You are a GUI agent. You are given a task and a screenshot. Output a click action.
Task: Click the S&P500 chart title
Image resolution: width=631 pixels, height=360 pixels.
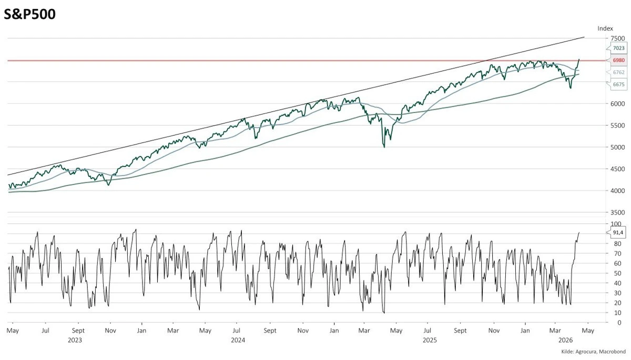[x=29, y=14]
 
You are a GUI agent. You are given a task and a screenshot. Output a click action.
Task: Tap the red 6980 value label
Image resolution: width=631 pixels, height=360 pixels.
[x=618, y=60]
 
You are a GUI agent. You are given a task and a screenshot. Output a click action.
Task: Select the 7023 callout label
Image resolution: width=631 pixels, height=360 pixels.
[x=618, y=48]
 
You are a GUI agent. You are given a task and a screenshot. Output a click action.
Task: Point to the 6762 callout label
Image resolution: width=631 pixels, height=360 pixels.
[x=618, y=72]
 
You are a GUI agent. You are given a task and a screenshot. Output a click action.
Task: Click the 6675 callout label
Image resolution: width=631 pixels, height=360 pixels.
[x=618, y=84]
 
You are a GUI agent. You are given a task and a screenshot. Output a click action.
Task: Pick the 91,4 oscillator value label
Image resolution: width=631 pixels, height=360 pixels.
[x=618, y=232]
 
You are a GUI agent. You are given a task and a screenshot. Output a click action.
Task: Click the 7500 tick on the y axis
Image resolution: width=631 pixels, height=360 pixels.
[x=618, y=38]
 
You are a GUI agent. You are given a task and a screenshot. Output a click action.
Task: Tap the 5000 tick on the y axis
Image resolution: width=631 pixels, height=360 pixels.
[x=618, y=147]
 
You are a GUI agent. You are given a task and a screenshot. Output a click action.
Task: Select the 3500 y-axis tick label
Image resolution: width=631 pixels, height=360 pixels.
[x=618, y=212]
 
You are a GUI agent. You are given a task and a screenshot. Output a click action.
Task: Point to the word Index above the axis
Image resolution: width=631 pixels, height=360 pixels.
[x=606, y=28]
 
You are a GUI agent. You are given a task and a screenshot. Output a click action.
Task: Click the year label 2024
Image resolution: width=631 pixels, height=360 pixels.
[x=238, y=340]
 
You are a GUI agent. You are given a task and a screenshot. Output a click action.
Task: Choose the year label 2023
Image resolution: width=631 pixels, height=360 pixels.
[x=75, y=340]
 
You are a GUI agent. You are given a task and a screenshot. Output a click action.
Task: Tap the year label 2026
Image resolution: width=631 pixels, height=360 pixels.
[x=565, y=340]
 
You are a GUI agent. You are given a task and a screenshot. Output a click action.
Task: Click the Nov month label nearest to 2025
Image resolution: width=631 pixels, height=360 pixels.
[x=494, y=331]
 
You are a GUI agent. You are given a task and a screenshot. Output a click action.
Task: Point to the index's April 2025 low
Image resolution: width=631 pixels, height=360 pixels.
[x=384, y=147]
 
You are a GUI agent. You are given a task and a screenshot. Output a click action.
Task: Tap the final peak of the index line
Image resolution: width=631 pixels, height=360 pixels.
[x=579, y=59]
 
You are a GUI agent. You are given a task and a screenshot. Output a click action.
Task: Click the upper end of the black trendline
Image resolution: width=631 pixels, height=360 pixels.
[x=584, y=37]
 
